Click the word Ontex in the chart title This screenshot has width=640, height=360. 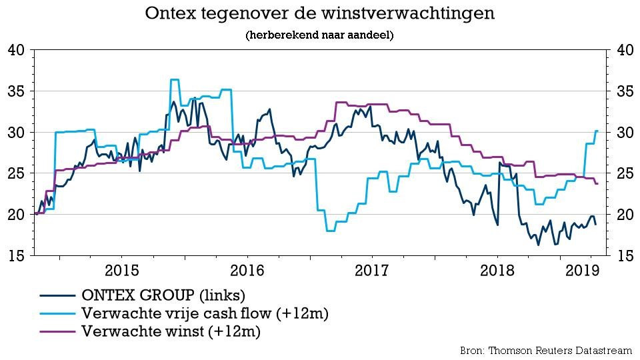(172, 14)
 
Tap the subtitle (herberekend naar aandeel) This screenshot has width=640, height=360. (319, 35)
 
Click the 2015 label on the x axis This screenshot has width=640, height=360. (121, 271)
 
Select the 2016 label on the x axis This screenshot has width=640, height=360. (247, 271)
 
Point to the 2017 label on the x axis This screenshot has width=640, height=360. (372, 271)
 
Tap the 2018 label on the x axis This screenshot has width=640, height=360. (497, 271)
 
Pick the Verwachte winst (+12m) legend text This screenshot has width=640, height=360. (170, 331)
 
